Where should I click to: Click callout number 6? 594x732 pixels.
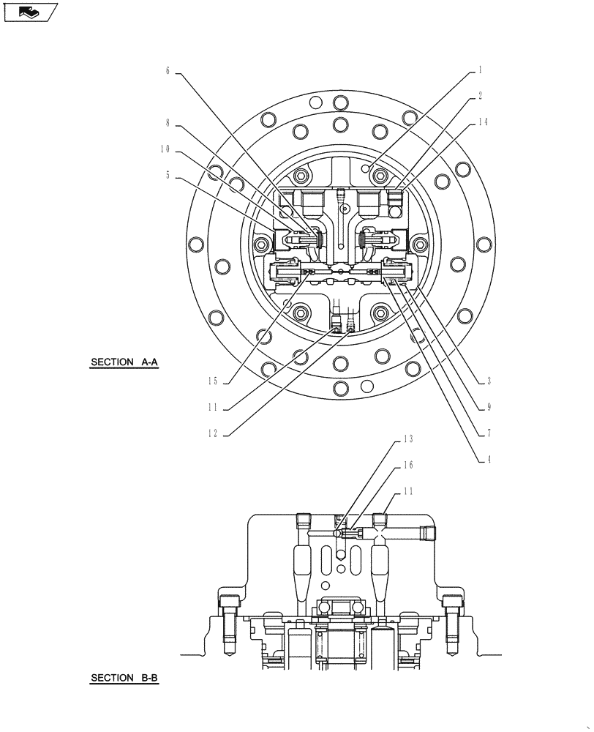point(167,71)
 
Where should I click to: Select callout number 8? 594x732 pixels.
point(167,124)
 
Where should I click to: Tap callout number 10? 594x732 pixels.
point(165,149)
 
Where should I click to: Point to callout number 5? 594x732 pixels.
point(167,175)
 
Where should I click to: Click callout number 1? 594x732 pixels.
point(480,70)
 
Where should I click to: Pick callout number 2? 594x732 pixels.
point(480,96)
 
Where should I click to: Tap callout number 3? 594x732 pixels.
point(488,381)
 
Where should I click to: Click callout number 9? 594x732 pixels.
point(488,408)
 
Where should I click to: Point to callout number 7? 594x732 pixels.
point(488,433)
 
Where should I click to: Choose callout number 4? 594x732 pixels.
point(488,460)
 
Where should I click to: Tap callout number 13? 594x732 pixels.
point(408,440)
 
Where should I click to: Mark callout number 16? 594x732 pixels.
point(408,466)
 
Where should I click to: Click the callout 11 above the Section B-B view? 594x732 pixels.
point(408,492)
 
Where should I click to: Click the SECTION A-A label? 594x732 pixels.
point(124,362)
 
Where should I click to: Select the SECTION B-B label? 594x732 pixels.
point(124,679)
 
